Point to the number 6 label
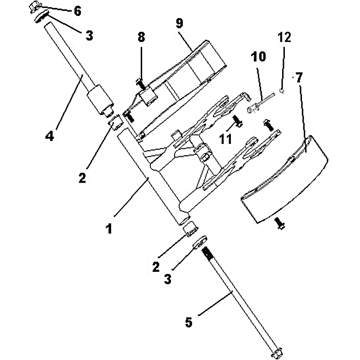(77, 11)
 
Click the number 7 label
(299, 77)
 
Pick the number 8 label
(141, 38)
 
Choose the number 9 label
(180, 24)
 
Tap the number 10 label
(259, 57)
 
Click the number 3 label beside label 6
(90, 36)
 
